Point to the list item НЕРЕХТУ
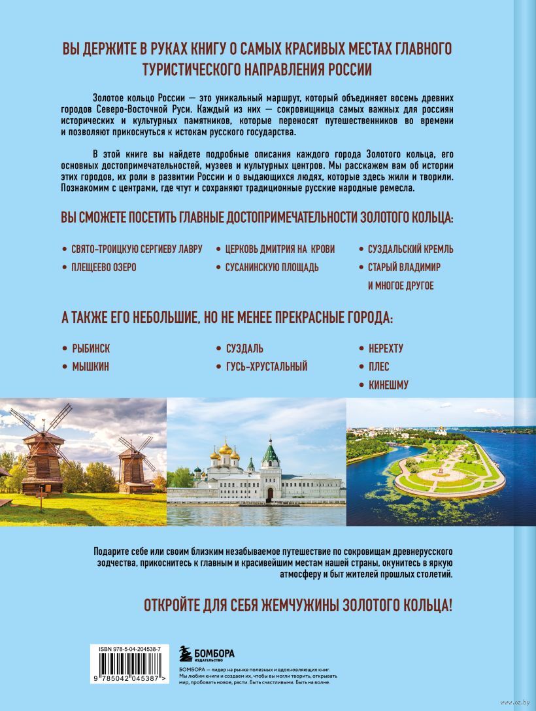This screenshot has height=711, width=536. pyautogui.click(x=391, y=348)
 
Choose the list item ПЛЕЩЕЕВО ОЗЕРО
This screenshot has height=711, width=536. pyautogui.click(x=104, y=267)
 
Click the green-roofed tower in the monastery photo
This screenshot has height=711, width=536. pyautogui.click(x=271, y=457)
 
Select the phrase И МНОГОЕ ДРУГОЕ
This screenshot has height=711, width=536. pyautogui.click(x=401, y=286)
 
